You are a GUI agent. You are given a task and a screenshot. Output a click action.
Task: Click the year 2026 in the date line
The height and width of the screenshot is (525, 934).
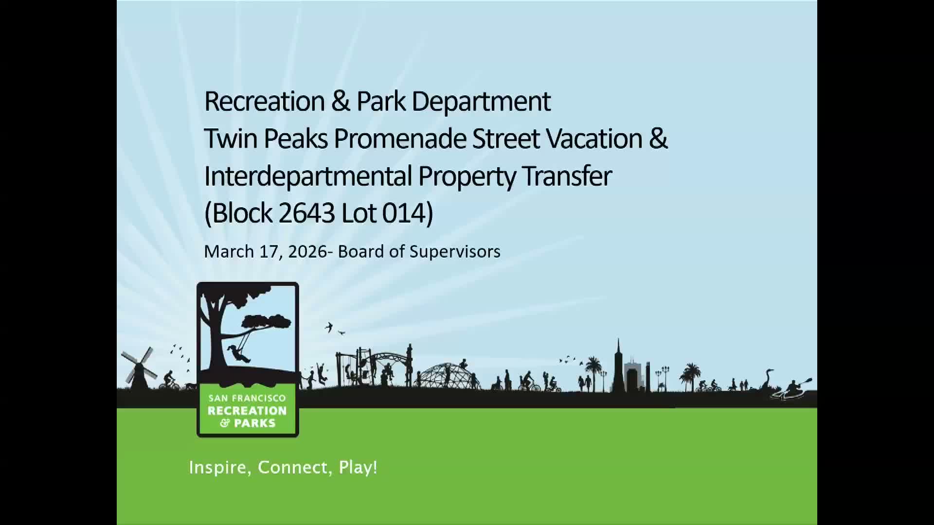[x=307, y=252]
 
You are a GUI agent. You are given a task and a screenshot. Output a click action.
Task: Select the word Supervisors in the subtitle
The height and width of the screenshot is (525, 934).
[x=455, y=251]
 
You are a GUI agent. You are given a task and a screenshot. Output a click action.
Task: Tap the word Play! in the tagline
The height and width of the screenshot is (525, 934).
[x=358, y=468]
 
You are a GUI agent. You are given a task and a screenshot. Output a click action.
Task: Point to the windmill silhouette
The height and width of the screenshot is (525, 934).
[x=139, y=368]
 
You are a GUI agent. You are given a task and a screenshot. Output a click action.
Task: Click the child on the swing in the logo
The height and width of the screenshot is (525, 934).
[x=238, y=353]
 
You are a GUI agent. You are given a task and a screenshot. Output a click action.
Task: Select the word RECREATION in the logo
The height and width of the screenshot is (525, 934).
[x=247, y=411]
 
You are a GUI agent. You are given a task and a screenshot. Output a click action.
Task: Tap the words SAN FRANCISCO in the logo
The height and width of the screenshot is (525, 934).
[x=247, y=398]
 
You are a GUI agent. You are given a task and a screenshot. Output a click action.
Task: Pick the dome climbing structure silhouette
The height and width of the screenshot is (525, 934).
[x=449, y=376]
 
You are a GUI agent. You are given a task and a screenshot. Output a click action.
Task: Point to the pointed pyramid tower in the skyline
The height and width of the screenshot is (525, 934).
[x=618, y=366]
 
